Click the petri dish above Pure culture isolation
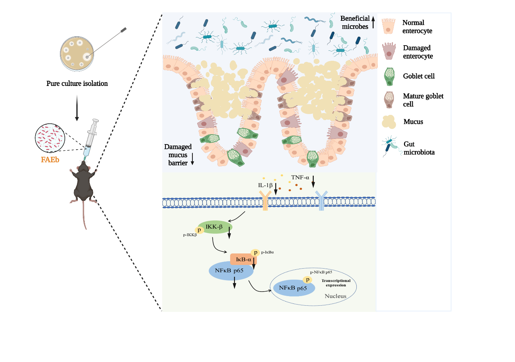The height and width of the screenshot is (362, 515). [x=77, y=54]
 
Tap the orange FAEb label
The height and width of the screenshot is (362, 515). [x=50, y=160]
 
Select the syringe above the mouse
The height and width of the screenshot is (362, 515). [x=90, y=137]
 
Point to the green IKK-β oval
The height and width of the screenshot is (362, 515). [x=215, y=227]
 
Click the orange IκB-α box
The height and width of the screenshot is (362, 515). [x=242, y=259]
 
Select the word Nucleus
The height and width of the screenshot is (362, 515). [x=336, y=296]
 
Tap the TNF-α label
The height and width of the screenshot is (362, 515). [x=300, y=177]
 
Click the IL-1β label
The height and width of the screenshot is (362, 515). [x=265, y=185]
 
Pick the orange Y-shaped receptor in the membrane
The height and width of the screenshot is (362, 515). [x=265, y=200]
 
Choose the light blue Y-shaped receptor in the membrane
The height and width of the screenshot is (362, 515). [x=321, y=200]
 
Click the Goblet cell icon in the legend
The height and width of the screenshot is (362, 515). [x=389, y=76]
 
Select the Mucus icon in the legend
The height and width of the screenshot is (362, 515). [x=389, y=122]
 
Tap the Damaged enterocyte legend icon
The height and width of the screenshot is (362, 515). [x=389, y=51]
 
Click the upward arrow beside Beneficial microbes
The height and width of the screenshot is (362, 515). [x=373, y=22]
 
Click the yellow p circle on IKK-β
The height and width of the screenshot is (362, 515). [x=199, y=230]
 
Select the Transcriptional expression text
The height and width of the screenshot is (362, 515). [x=336, y=283]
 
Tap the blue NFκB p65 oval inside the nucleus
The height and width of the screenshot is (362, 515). [x=294, y=288]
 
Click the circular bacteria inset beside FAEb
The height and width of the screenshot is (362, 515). [x=50, y=138]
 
